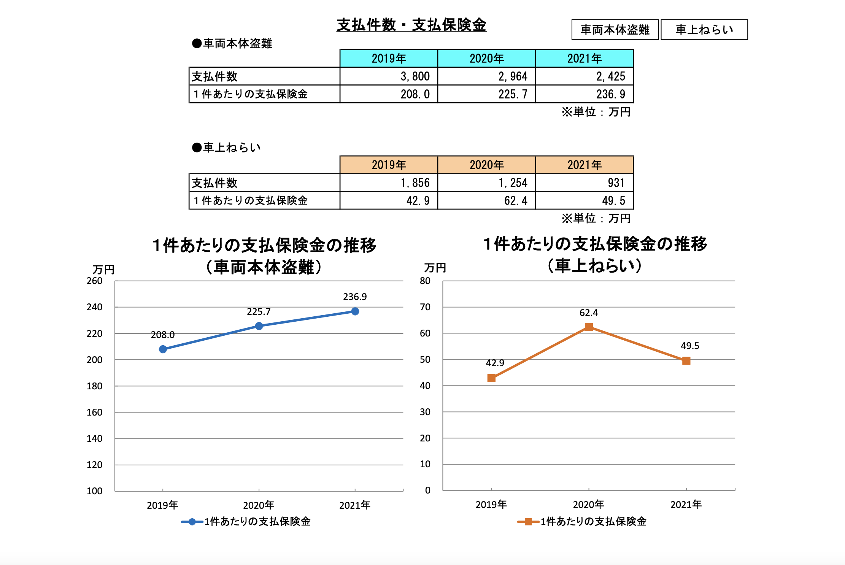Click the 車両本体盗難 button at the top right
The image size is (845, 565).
[x=615, y=30]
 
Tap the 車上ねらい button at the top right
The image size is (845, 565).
[x=704, y=30]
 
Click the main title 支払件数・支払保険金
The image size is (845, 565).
[x=411, y=25]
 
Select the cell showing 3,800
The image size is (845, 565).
[x=389, y=76]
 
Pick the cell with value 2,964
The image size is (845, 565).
[x=486, y=76]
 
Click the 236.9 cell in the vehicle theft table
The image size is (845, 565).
[x=584, y=94]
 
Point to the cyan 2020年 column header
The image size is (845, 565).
[x=486, y=59]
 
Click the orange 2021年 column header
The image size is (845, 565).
[x=584, y=165]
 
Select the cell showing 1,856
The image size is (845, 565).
[x=389, y=183]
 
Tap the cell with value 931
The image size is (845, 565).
[x=584, y=183]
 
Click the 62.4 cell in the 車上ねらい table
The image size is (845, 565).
[x=486, y=200]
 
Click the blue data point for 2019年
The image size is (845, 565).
[x=163, y=349]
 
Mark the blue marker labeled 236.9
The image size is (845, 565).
[x=355, y=311]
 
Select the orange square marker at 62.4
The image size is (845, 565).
[x=589, y=327]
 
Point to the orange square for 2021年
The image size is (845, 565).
[x=686, y=361]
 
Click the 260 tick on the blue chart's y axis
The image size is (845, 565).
[x=94, y=281]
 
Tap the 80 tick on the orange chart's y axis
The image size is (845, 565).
[x=425, y=281]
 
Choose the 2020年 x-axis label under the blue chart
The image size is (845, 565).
[x=259, y=505]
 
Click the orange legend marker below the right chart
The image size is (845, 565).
[x=528, y=522]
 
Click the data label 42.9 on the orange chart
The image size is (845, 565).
[x=495, y=363]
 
